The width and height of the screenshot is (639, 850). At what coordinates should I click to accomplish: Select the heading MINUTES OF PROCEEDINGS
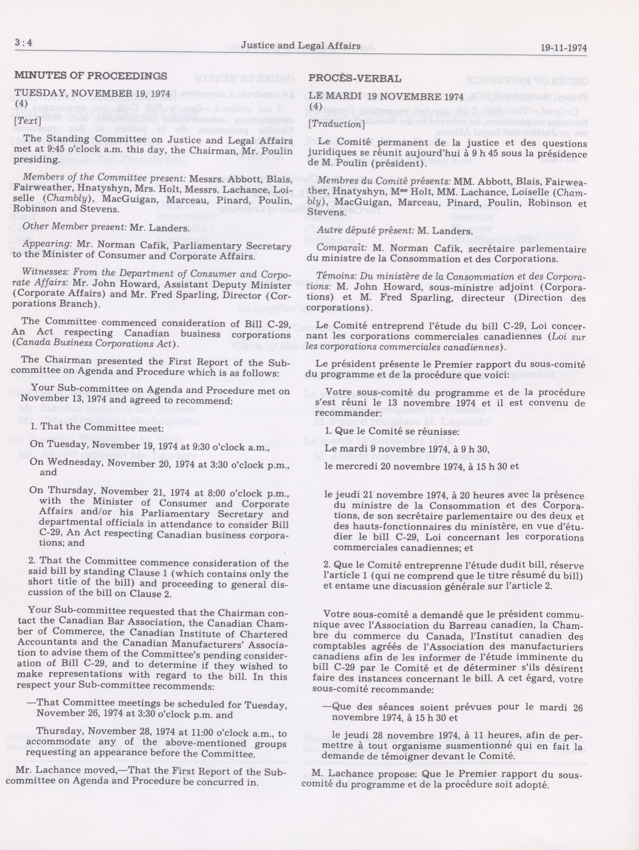coord(91,75)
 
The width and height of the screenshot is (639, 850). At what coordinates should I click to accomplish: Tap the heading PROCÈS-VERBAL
coord(355,79)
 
